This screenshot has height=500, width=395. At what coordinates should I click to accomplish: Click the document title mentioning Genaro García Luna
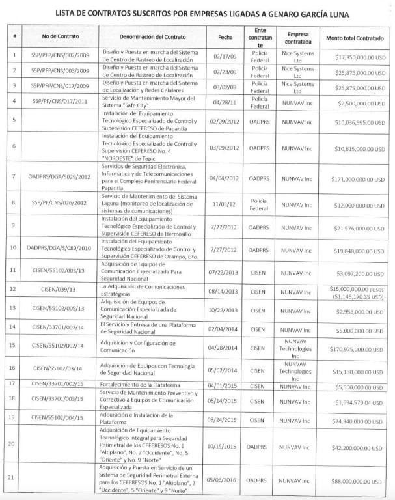197,13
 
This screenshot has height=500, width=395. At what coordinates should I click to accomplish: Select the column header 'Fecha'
226,38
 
